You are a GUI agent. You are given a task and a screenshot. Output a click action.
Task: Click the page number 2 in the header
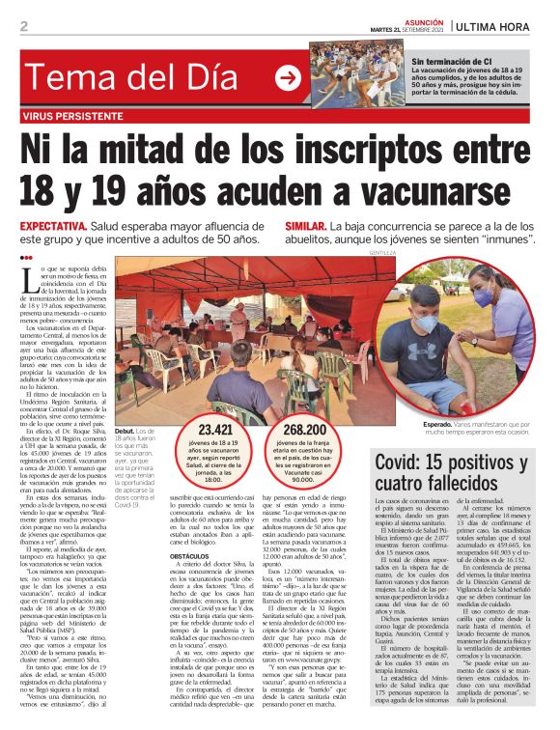coord(24,26)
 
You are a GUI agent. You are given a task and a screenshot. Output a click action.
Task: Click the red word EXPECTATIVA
coord(53,225)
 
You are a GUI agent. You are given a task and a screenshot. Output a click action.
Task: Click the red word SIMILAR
coord(305,225)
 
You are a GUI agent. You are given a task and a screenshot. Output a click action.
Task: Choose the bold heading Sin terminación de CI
coord(452,61)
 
